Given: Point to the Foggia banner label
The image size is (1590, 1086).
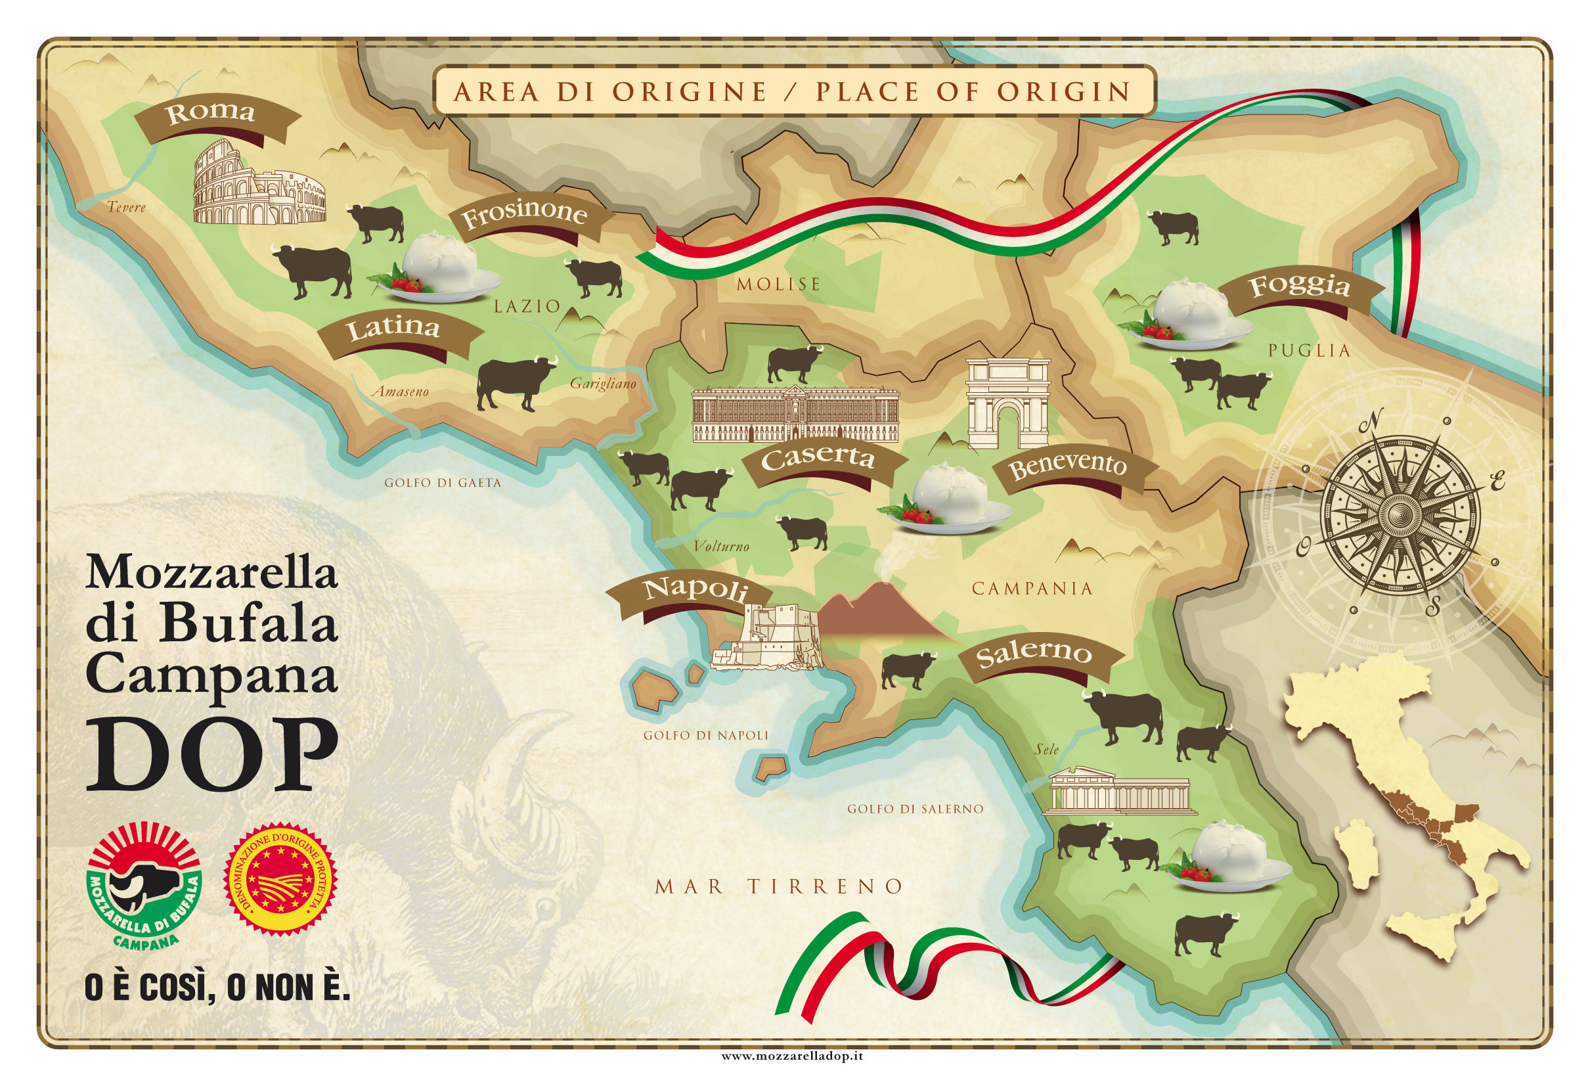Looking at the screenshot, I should point(1300,286).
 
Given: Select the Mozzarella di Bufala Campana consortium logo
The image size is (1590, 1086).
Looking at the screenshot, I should point(144,888).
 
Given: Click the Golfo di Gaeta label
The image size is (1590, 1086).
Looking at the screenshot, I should point(443,482).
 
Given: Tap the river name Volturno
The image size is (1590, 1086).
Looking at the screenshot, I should point(721,546).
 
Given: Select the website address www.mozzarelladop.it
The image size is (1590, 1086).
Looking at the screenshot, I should point(791,1056).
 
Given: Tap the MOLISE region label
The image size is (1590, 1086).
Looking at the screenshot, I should point(778,283).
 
